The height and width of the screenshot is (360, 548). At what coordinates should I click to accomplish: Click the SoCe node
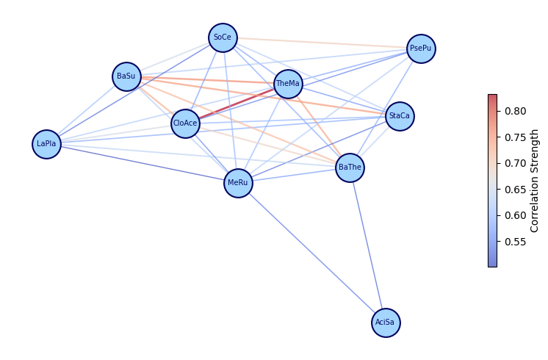(223, 37)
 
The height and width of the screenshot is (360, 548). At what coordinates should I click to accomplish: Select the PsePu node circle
(421, 48)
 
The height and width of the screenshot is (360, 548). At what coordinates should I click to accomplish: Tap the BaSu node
(126, 76)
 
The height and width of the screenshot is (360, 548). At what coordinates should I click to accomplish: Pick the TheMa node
(288, 84)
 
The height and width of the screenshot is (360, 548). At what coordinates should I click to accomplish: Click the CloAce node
(185, 123)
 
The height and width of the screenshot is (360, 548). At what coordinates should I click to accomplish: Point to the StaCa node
(400, 116)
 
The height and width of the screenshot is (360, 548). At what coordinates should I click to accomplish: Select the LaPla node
(46, 144)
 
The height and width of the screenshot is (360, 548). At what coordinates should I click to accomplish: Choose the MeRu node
(238, 183)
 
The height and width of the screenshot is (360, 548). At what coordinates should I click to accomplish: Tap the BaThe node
(350, 168)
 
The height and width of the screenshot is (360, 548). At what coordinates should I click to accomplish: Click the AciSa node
(386, 323)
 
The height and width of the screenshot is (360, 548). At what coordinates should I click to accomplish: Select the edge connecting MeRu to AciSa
(311, 253)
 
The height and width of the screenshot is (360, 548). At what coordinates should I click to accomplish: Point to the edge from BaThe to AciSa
(367, 245)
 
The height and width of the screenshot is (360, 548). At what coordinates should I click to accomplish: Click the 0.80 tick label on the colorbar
(515, 111)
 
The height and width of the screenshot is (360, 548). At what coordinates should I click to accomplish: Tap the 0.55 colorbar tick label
(515, 241)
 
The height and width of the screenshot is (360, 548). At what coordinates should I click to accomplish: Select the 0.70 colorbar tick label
(515, 163)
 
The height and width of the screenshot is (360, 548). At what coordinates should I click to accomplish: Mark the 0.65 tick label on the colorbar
(515, 189)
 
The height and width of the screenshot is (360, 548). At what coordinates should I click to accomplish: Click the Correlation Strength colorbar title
(535, 180)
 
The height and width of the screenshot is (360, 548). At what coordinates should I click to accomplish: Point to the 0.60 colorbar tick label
(515, 215)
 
